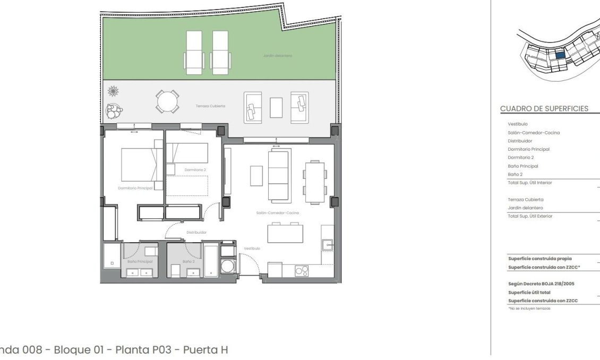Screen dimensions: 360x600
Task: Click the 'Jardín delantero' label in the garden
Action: tap(277, 55)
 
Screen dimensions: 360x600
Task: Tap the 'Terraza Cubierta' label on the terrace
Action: tap(210, 106)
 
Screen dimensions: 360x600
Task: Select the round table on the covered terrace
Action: tap(167, 100)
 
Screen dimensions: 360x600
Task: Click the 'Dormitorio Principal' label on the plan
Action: tap(135, 188)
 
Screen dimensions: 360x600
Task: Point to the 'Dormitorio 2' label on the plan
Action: tap(195, 170)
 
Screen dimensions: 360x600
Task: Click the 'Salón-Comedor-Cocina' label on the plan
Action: tap(277, 213)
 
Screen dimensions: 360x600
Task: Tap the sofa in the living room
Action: tap(279, 175)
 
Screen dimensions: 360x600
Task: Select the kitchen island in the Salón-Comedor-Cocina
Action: tap(285, 234)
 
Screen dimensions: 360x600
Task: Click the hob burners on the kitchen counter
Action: tap(301, 270)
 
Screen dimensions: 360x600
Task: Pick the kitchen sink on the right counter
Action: tap(327, 245)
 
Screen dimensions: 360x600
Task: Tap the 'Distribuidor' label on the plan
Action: tap(196, 232)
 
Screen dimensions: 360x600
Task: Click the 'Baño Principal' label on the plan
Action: tap(140, 261)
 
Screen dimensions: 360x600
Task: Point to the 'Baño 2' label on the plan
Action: tap(188, 261)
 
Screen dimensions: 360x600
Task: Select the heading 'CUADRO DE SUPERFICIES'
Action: tap(544, 108)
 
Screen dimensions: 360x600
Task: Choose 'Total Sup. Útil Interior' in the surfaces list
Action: tap(529, 183)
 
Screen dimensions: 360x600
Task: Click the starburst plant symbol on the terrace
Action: tap(113, 91)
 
